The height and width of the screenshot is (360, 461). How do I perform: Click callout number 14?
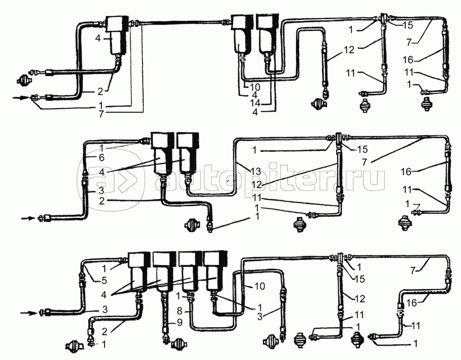coord(255,103)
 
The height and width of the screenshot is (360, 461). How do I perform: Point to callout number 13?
coord(256,172)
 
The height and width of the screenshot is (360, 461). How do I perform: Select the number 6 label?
coord(102,158)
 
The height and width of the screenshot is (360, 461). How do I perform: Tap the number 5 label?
coord(104,280)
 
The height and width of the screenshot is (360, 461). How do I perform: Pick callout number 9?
coord(180,323)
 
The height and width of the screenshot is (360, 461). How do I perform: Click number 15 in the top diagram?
coord(408,25)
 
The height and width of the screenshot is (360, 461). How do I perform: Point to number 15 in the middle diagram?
coord(363,150)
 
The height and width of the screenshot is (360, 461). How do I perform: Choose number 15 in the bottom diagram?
coord(360,279)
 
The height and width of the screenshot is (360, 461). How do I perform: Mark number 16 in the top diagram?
coord(408,60)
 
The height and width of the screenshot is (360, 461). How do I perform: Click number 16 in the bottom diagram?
coord(412,303)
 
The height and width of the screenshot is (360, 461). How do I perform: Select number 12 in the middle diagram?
coord(257,185)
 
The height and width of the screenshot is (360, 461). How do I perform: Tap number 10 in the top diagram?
coord(255,87)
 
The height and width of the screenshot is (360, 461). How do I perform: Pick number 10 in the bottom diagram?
coord(260,286)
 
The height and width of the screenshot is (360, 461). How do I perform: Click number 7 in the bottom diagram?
coord(413,270)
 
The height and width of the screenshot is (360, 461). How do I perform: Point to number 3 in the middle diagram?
coord(101,190)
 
